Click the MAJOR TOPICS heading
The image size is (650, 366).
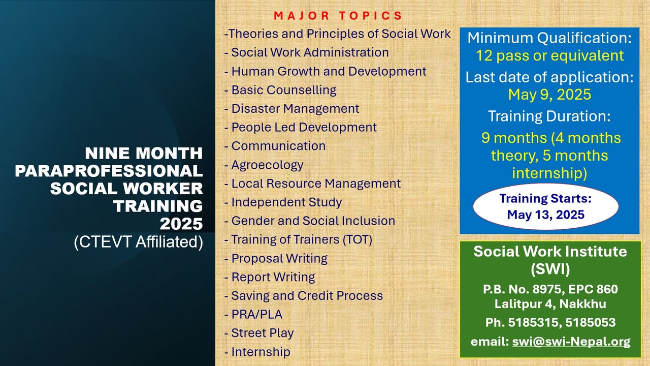pyautogui.click(x=338, y=16)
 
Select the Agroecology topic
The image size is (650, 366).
pyautogui.click(x=267, y=165)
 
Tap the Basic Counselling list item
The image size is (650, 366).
pyautogui.click(x=283, y=90)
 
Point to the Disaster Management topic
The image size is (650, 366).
pyautogui.click(x=295, y=109)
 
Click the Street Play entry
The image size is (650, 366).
pyautogui.click(x=262, y=333)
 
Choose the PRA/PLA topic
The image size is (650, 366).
pyautogui.click(x=256, y=315)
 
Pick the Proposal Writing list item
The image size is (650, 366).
pyautogui.click(x=279, y=258)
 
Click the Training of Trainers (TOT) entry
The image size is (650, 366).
pyautogui.click(x=301, y=239)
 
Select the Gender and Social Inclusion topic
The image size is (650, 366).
pyautogui.click(x=312, y=221)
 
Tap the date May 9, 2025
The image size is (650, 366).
pyautogui.click(x=549, y=95)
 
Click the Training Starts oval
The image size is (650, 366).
pyautogui.click(x=545, y=206)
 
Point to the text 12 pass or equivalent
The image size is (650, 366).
pyautogui.click(x=549, y=55)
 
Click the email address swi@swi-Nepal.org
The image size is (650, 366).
pyautogui.click(x=571, y=342)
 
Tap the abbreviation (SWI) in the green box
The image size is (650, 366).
pyautogui.click(x=550, y=268)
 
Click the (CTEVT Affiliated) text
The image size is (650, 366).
pyautogui.click(x=138, y=242)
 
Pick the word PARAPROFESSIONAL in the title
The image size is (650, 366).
pyautogui.click(x=109, y=171)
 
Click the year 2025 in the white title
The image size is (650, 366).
pyautogui.click(x=181, y=224)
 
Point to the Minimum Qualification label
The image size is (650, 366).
pyautogui.click(x=549, y=38)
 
